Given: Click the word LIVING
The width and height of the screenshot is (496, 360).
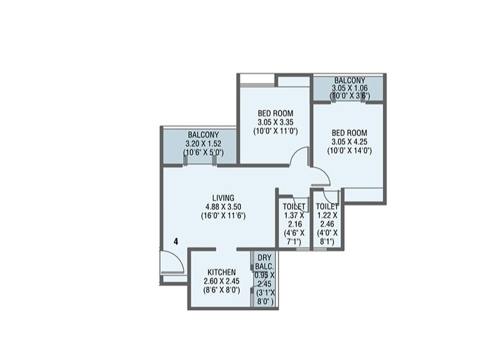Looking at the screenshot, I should [223, 197].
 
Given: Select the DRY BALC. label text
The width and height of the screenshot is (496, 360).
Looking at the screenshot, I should [265, 262].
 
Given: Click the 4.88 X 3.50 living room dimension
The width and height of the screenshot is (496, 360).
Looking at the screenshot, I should [223, 206].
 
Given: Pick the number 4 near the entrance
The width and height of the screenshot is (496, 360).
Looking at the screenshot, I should [175, 242].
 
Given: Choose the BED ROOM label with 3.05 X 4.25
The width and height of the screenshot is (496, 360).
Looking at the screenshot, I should [348, 132].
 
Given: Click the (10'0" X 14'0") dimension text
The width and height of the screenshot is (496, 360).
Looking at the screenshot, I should [348, 151].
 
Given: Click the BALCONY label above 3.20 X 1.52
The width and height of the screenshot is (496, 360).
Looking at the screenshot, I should [203, 135].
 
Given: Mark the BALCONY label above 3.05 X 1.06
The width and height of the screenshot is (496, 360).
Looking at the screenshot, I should [349, 80].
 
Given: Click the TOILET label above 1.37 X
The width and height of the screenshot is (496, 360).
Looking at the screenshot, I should [294, 207].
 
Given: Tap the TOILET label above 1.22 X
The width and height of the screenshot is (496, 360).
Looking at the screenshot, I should [327, 207].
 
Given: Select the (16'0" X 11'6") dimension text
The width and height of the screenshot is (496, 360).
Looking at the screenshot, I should [223, 215].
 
